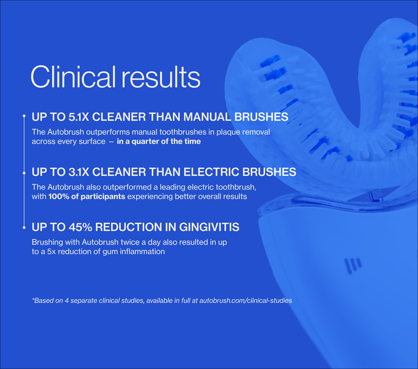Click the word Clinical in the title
coord(73,77)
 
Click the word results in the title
coord(161,77)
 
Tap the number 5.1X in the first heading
coord(78,117)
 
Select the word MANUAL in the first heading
coord(207,117)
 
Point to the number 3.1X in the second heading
coord(79,172)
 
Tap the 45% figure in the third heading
coord(80,227)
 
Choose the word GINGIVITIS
coord(209,227)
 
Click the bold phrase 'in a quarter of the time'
coord(159,142)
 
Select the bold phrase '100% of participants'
coord(87,197)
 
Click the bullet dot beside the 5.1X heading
coord(24,116)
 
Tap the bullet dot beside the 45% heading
coord(24,227)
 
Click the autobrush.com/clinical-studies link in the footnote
coord(246,301)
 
